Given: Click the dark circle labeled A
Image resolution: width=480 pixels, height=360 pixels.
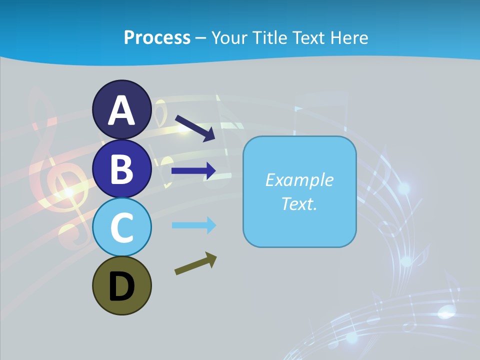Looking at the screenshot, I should coord(121,109).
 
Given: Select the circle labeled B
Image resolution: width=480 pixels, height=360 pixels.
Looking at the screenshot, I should coord(121,168).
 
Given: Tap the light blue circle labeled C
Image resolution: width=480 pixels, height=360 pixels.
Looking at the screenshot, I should coord(121,227).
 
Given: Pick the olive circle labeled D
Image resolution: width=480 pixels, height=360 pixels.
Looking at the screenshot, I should coord(121,285).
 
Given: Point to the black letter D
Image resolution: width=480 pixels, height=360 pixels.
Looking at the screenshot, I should coord(121,287).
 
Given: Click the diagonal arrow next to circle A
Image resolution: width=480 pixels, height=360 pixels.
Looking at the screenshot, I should coord(195,128).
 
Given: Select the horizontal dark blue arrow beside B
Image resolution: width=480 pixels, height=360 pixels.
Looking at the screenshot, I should coord(193,171).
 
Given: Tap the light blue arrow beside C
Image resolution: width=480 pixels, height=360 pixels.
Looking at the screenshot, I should coord(194,225).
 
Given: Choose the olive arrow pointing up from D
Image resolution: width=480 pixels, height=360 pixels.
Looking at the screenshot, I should coord(195,264).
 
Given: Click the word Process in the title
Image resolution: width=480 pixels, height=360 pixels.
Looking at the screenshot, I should coord(157,37).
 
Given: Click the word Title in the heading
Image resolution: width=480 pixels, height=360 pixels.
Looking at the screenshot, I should coord(268,37).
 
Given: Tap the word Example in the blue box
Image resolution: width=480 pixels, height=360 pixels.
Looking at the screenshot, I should coord(299,180).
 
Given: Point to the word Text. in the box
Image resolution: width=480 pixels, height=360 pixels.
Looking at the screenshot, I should coord(299,203).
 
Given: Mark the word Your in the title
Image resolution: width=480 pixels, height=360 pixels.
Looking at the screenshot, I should coord(229,37).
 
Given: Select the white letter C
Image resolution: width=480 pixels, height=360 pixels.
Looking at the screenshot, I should coord(121,228).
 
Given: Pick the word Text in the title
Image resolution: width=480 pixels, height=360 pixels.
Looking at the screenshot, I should coord(306,37).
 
